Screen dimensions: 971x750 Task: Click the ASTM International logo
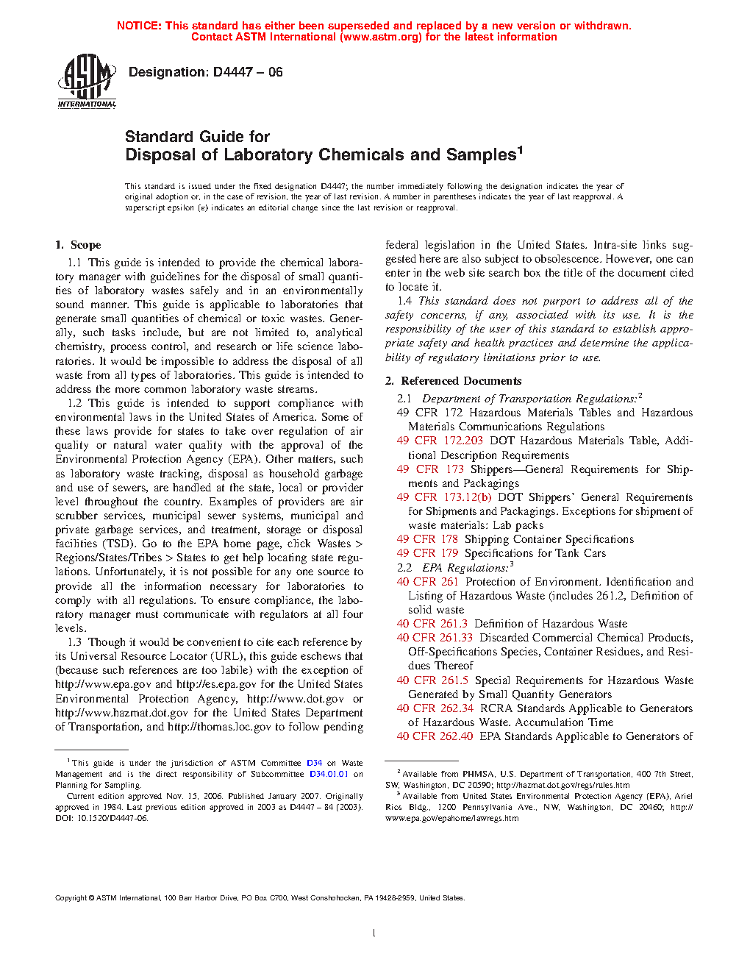click(86, 82)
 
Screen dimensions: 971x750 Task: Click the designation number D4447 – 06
click(248, 72)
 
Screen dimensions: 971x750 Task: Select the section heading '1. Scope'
click(78, 245)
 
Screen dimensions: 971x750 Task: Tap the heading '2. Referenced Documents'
click(453, 381)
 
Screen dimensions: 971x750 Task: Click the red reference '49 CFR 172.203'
click(440, 441)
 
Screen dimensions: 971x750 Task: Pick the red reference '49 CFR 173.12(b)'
click(444, 497)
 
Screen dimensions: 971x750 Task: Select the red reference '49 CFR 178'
click(427, 539)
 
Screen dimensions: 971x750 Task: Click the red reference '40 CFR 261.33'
click(435, 638)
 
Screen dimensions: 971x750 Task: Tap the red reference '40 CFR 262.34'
click(435, 708)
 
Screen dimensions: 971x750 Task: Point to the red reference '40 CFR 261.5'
click(432, 680)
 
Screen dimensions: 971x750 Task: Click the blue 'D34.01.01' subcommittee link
click(329, 774)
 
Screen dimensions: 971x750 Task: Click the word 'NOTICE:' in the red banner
click(139, 26)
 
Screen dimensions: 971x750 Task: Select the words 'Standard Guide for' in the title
click(197, 137)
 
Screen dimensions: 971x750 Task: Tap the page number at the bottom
click(374, 933)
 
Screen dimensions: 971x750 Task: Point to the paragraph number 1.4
click(404, 301)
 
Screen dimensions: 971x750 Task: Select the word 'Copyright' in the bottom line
click(71, 897)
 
